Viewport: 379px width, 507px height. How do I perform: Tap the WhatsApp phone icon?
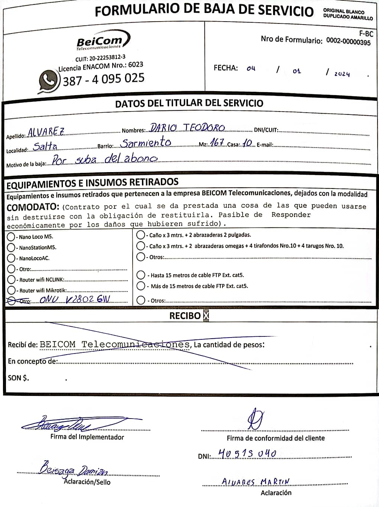coord(48,80)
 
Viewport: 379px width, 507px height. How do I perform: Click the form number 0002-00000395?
coord(348,41)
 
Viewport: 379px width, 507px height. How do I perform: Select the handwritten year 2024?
coord(342,74)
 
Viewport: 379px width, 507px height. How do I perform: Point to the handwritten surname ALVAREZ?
coord(46,132)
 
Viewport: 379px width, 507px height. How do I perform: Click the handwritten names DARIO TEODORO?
coord(187,128)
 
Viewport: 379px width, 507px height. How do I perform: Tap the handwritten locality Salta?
coord(45,146)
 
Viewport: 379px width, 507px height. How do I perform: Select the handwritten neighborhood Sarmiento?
coord(146,143)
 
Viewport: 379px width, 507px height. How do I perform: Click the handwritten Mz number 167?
coord(217,142)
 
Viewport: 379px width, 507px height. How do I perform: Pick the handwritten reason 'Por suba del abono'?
coord(104,159)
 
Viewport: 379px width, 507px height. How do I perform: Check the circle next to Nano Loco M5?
coord(11,237)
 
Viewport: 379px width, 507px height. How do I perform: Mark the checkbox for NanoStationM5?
coord(11,248)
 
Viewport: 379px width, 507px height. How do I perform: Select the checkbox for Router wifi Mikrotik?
coord(11,290)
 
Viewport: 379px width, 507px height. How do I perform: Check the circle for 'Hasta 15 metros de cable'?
coord(140,275)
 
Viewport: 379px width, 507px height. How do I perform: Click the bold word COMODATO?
coord(33,207)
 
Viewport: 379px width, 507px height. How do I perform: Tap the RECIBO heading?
coord(185,316)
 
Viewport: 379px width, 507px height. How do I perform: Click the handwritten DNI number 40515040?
coord(247,453)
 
